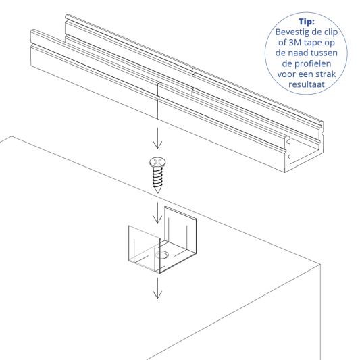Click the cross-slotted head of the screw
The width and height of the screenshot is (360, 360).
(157, 162)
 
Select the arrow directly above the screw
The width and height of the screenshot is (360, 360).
(157, 138)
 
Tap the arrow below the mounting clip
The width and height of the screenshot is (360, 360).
(157, 288)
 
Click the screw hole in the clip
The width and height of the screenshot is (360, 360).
(163, 256)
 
